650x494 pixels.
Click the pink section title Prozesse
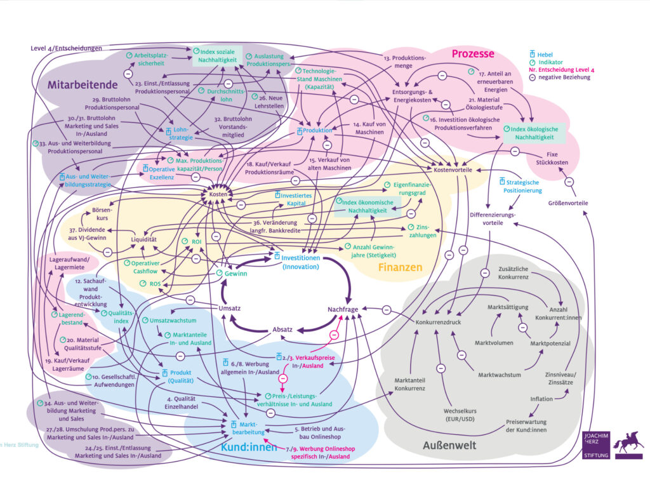click(x=472, y=54)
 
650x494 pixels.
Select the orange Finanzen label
click(x=400, y=267)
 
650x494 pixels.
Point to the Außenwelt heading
click(x=449, y=445)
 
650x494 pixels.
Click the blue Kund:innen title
click(x=249, y=448)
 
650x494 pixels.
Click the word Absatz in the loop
click(x=282, y=330)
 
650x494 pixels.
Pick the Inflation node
click(x=542, y=399)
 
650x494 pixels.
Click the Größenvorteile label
click(x=568, y=203)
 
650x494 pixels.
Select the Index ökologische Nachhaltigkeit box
click(x=527, y=133)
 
